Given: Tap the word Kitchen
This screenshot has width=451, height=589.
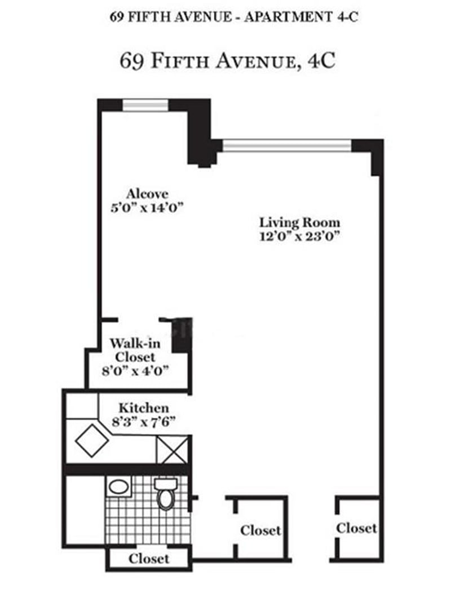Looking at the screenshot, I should (x=143, y=407).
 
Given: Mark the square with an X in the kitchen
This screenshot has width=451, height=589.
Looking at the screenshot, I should (x=174, y=450).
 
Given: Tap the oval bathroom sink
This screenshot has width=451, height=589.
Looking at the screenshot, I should (x=118, y=487).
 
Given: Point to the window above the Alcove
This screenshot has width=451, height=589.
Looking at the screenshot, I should (x=145, y=106).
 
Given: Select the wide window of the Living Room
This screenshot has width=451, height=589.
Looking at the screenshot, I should (x=287, y=146).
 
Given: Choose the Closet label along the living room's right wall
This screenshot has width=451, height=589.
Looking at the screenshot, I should (x=356, y=528).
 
